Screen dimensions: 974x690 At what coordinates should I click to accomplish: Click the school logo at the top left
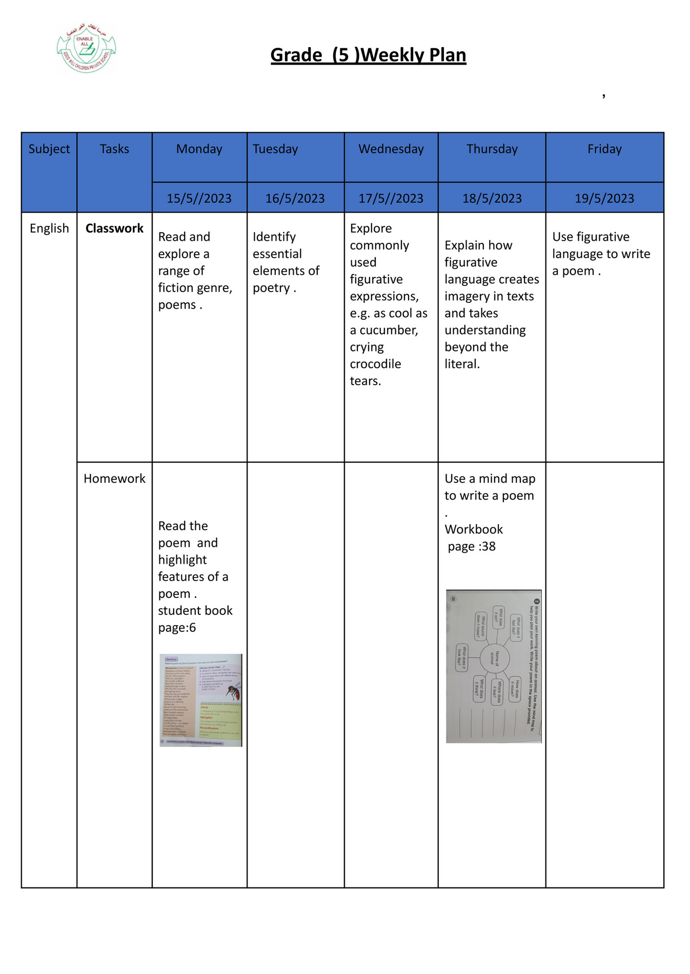click(86, 48)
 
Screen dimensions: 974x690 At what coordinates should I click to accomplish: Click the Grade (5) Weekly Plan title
click(368, 55)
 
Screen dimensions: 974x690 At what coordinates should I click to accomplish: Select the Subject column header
click(49, 149)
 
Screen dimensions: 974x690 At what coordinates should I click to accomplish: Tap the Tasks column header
click(114, 149)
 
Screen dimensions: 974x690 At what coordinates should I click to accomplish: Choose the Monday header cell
click(199, 149)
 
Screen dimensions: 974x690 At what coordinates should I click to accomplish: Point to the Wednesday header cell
click(391, 149)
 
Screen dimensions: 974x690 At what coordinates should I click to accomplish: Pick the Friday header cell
click(604, 149)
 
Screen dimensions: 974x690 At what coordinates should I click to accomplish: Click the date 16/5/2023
click(295, 198)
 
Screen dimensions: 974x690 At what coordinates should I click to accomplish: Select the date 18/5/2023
click(492, 198)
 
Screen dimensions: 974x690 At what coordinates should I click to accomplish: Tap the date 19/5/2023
click(604, 198)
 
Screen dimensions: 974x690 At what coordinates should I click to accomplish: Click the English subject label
click(49, 229)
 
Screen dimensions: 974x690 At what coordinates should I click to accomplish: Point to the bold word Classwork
click(114, 229)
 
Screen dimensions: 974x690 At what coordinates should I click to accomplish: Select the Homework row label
click(114, 479)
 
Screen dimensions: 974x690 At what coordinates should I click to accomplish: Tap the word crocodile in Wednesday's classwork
click(375, 364)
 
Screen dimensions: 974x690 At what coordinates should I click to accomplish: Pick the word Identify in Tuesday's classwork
click(274, 237)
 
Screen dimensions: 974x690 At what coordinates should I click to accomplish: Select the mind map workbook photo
click(493, 666)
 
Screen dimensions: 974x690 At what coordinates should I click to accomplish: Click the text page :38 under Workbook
click(472, 547)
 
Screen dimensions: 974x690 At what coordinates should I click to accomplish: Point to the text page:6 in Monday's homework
click(177, 628)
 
